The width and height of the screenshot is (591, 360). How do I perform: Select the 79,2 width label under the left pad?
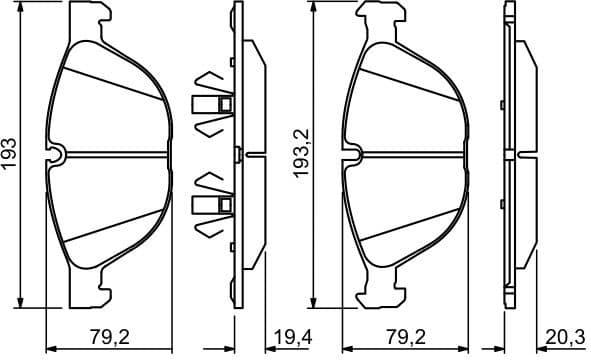pos(110,337)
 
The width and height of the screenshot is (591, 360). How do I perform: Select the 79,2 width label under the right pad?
pos(403,337)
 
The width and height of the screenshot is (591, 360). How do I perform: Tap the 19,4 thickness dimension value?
pos(292,337)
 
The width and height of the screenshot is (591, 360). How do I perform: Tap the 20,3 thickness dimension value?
pos(564,337)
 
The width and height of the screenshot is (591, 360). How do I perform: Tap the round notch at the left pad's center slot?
pos(57,154)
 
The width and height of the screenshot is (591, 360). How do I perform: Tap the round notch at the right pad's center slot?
pos(351,154)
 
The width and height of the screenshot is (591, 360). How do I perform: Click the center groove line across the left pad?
pos(115,155)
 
